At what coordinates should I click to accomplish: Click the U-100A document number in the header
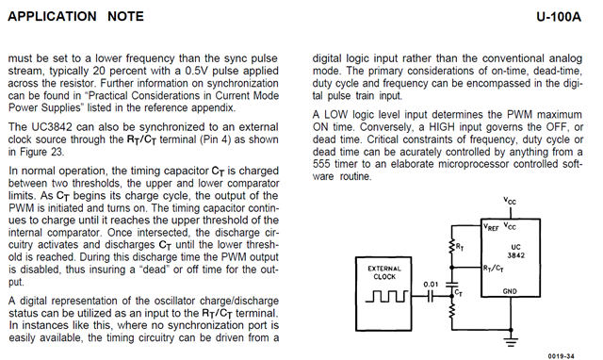coord(559,17)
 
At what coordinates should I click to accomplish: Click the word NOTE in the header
coord(125,17)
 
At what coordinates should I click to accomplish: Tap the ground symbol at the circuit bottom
coord(511,341)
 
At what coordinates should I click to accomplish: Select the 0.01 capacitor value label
coord(431,285)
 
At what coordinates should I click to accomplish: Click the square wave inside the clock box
coord(386,296)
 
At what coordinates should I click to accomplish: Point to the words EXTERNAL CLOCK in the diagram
coord(384,272)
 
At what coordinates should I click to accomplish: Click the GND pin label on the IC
coord(510,291)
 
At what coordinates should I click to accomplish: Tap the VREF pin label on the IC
coord(491,227)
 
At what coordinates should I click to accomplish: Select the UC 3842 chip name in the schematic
coord(515,252)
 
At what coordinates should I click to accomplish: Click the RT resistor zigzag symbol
coord(452,247)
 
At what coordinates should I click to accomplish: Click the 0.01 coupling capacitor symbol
coord(431,296)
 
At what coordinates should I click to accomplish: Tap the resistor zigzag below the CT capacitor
coord(452,310)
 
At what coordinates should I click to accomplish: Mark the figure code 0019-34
coord(562,356)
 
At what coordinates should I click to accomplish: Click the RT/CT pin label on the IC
coord(494,268)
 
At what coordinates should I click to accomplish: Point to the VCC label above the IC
coord(510,201)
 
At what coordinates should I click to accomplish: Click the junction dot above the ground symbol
coord(511,330)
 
